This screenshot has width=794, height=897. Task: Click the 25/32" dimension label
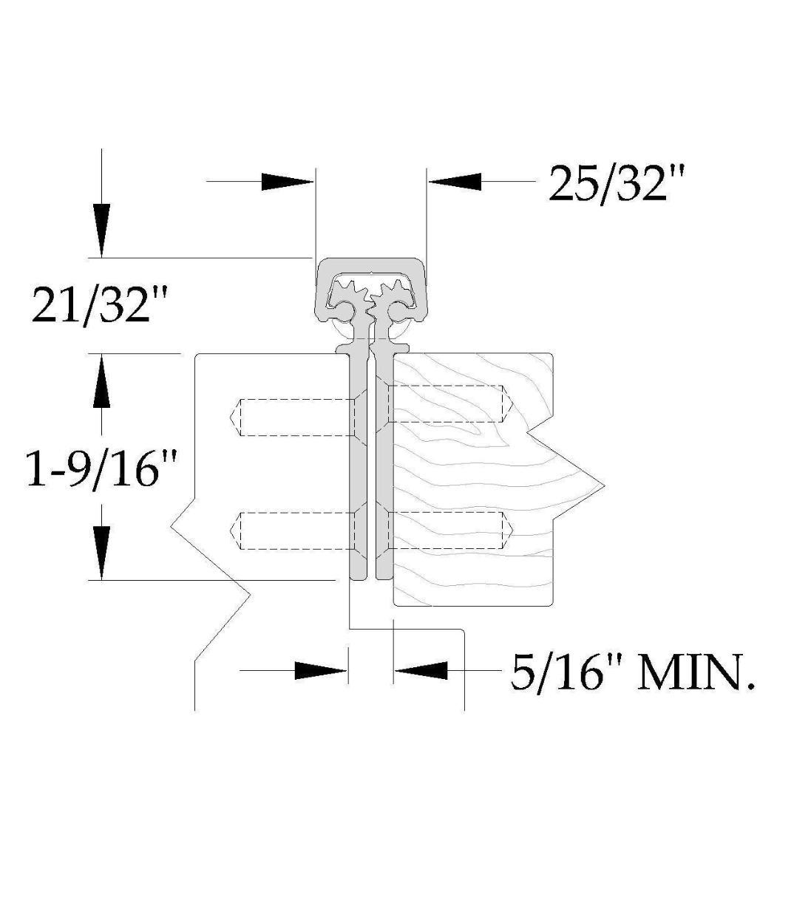[x=617, y=184]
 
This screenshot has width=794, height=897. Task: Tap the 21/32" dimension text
[x=99, y=304]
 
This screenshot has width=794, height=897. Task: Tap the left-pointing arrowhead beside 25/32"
[x=455, y=182]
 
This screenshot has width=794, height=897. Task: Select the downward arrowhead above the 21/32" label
[x=101, y=231]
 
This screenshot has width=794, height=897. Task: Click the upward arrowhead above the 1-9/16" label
[x=101, y=381]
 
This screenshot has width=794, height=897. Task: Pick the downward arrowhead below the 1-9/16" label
[x=101, y=553]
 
